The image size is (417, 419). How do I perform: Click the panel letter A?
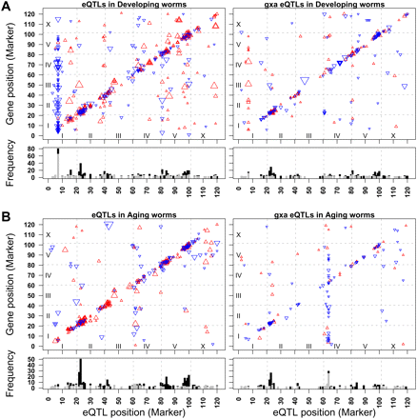6,6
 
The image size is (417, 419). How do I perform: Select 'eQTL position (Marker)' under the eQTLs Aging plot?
132,413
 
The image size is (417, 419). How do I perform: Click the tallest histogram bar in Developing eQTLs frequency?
58,164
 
